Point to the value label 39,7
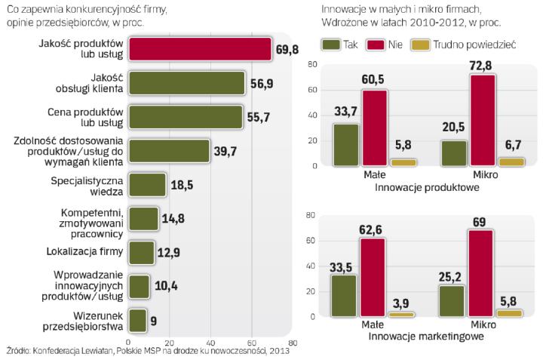tap(225, 152)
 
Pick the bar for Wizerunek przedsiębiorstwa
tap(137, 319)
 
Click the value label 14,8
tap(173, 220)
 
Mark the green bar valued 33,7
tap(346, 145)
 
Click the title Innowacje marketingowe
tap(427, 337)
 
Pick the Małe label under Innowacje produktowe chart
tap(372, 174)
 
